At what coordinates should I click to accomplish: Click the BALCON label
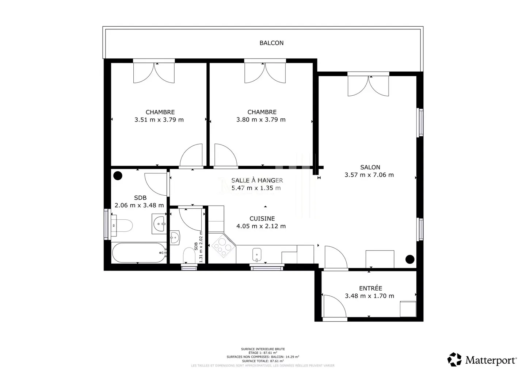pos(271,43)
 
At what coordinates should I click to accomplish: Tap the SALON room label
pos(370,167)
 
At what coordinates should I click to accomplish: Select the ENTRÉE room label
pos(370,288)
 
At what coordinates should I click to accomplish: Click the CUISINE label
pos(262,218)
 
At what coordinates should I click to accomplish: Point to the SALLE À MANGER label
pos(257,180)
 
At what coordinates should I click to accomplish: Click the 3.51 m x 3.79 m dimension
pos(159,120)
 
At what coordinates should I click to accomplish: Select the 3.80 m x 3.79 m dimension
pos(261,120)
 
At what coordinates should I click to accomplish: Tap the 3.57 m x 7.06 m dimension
pos(369,175)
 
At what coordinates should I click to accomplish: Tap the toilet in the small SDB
pos(189,255)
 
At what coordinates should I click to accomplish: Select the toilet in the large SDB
pos(123,226)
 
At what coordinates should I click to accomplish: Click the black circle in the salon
pos(410,259)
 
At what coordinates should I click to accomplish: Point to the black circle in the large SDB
pos(118,176)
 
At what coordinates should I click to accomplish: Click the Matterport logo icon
pos(454,360)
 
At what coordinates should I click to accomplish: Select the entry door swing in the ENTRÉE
pos(334,307)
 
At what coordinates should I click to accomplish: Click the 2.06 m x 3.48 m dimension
pos(139,206)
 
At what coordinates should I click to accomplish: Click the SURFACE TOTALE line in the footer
pos(263,361)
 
